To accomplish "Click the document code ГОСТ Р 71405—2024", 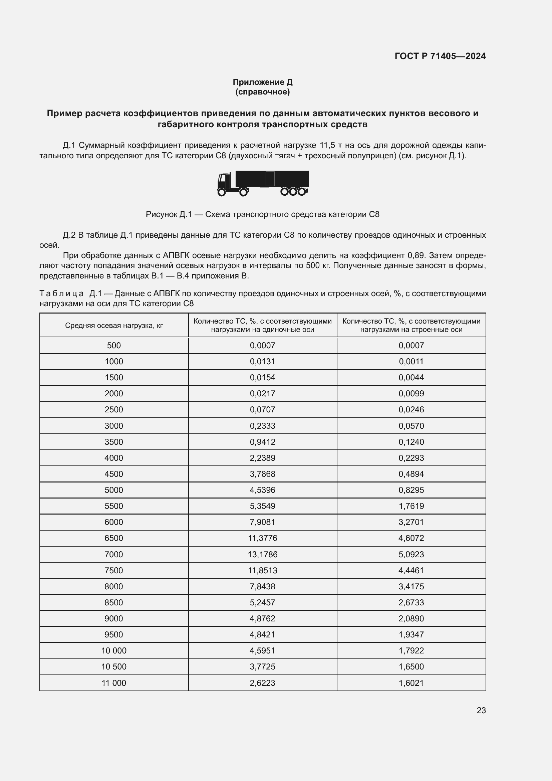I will [440, 56].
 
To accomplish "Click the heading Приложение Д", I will [262, 82].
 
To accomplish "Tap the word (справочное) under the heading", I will [262, 92].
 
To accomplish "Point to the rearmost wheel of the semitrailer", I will [301, 192].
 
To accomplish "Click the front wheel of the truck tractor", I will [222, 193].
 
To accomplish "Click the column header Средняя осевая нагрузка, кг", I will [114, 326].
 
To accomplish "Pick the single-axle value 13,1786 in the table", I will [262, 555].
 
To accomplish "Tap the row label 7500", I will [114, 570].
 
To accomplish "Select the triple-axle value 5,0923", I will [411, 555].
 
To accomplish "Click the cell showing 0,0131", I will [262, 361].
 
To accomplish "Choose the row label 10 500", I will [114, 667].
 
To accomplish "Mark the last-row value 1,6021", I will [411, 683].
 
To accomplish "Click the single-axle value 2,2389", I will [262, 458].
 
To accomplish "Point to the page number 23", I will [481, 710].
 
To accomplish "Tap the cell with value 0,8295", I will [411, 490].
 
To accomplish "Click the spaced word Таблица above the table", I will [61, 293].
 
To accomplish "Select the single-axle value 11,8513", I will [262, 570].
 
